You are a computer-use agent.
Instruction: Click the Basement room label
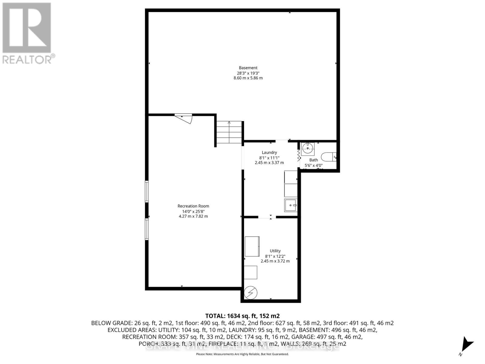(248, 68)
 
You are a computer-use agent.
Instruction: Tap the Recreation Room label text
(193, 206)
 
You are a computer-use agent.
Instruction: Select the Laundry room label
(269, 153)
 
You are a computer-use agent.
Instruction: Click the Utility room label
(275, 251)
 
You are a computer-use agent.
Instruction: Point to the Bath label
(313, 160)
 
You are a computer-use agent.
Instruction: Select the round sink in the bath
(308, 149)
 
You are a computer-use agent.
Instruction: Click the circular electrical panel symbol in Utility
(251, 293)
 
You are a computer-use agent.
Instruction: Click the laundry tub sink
(291, 205)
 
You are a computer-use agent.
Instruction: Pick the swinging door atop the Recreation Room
(185, 118)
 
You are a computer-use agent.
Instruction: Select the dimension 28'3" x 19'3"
(248, 73)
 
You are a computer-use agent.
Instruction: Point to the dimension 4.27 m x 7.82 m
(193, 216)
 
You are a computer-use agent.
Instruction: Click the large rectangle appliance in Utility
(252, 246)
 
